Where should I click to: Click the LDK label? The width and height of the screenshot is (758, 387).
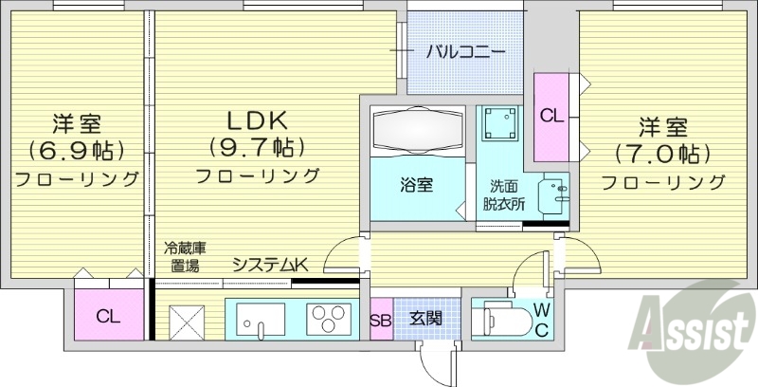(256, 121)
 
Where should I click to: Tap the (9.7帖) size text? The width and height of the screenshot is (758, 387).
(256, 148)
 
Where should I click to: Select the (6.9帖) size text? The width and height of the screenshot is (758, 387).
(76, 150)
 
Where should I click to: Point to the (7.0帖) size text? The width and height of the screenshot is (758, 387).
(662, 152)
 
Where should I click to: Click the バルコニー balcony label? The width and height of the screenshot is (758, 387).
(464, 51)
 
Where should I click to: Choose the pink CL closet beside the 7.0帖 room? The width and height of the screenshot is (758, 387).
(551, 116)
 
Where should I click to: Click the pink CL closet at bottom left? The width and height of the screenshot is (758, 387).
(106, 317)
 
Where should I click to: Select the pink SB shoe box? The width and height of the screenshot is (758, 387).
(381, 319)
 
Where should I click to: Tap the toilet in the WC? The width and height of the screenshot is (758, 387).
(502, 317)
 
